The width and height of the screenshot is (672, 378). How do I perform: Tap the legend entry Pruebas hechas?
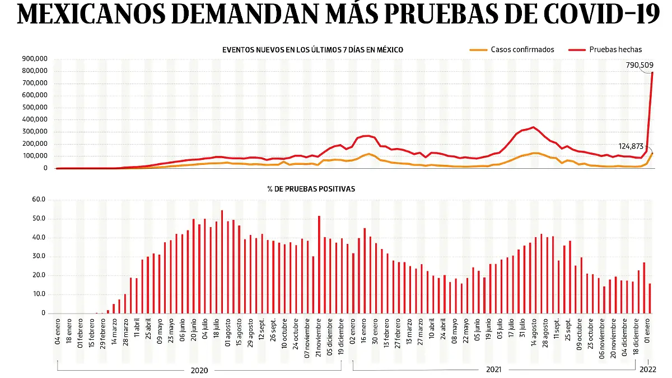(x=615, y=49)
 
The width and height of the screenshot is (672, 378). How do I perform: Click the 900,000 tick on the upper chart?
(x=35, y=59)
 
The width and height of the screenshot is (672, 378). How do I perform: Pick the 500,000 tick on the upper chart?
(x=35, y=108)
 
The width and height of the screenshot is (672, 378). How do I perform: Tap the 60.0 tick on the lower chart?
(x=39, y=200)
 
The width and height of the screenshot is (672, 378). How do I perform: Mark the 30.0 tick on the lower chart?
(x=39, y=257)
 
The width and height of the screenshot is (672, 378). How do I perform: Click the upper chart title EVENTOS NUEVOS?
(x=312, y=50)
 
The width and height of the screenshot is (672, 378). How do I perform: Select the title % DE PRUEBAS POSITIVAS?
(x=319, y=189)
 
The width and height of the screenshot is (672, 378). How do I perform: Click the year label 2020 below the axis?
(x=199, y=370)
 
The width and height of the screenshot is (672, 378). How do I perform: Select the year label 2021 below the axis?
(x=493, y=370)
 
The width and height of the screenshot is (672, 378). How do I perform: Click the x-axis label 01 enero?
(x=647, y=331)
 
